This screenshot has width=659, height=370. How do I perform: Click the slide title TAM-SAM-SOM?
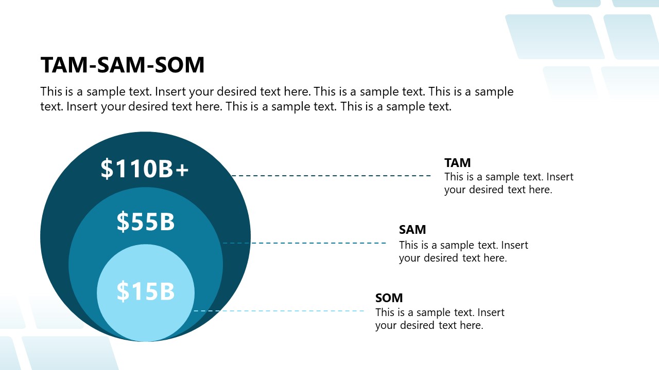coord(123,65)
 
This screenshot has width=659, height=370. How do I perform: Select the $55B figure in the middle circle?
coord(146,221)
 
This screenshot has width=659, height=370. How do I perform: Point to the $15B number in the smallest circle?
coord(146,291)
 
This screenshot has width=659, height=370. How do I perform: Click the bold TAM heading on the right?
coord(457,163)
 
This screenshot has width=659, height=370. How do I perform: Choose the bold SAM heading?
coord(412,230)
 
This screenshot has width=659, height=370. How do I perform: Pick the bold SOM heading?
coord(389,298)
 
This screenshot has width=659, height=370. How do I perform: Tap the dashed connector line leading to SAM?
coord(304,243)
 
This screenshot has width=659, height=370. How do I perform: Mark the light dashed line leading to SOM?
coord(278,311)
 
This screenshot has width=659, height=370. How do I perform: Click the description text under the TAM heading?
coord(508,183)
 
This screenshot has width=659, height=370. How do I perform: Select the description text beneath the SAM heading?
coord(463,251)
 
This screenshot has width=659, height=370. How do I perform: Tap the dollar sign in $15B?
coord(123,291)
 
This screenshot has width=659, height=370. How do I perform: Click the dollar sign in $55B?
coord(123,221)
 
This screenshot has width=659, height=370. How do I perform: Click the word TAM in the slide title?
coord(60,65)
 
